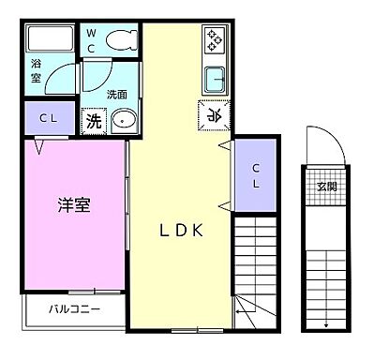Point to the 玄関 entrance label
click(324, 184)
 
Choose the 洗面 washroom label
click(116, 94)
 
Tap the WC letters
click(92, 39)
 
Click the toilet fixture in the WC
click(119, 40)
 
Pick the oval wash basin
click(124, 120)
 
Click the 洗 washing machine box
click(94, 120)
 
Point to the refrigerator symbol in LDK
click(213, 115)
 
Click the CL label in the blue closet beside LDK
click(256, 174)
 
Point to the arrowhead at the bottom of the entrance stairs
click(325, 324)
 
